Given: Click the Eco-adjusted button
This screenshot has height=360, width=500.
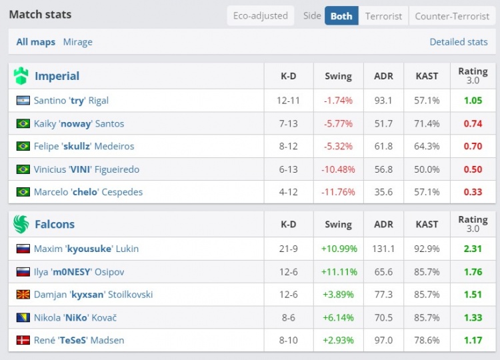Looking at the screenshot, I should coord(260,16).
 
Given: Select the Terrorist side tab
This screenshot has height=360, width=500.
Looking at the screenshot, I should coord(383,16).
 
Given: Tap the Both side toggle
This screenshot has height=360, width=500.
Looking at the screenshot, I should coord(341,16).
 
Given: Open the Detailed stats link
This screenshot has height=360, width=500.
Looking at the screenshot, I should coord(459,42).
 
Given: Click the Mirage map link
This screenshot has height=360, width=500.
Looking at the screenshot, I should coord(77,42).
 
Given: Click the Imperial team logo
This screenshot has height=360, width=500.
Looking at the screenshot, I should coord(21,76).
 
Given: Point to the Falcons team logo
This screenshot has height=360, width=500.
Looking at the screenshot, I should coord(21,224).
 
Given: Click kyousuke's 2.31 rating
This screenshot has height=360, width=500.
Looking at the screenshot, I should coord(473,249).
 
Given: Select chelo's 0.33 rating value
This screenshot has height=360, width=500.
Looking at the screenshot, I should coord(473,192).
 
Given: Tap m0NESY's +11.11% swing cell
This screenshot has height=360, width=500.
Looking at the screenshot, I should coord(338,272).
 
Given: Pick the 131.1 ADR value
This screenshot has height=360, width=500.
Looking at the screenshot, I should coord(383,249).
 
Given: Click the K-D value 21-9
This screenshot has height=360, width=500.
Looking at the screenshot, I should coord(288,249).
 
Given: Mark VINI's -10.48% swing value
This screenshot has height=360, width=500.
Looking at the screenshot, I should coord(338,169).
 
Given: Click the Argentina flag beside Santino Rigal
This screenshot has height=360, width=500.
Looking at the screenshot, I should coord(23,101).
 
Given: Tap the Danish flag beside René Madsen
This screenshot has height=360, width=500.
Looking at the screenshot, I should coord(23,341).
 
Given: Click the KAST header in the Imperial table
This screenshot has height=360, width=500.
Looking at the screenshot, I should coord(427,76).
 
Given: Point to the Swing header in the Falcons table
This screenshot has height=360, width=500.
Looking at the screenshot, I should coord(338,225).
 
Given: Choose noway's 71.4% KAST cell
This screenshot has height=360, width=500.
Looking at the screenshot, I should coord(427,123).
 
